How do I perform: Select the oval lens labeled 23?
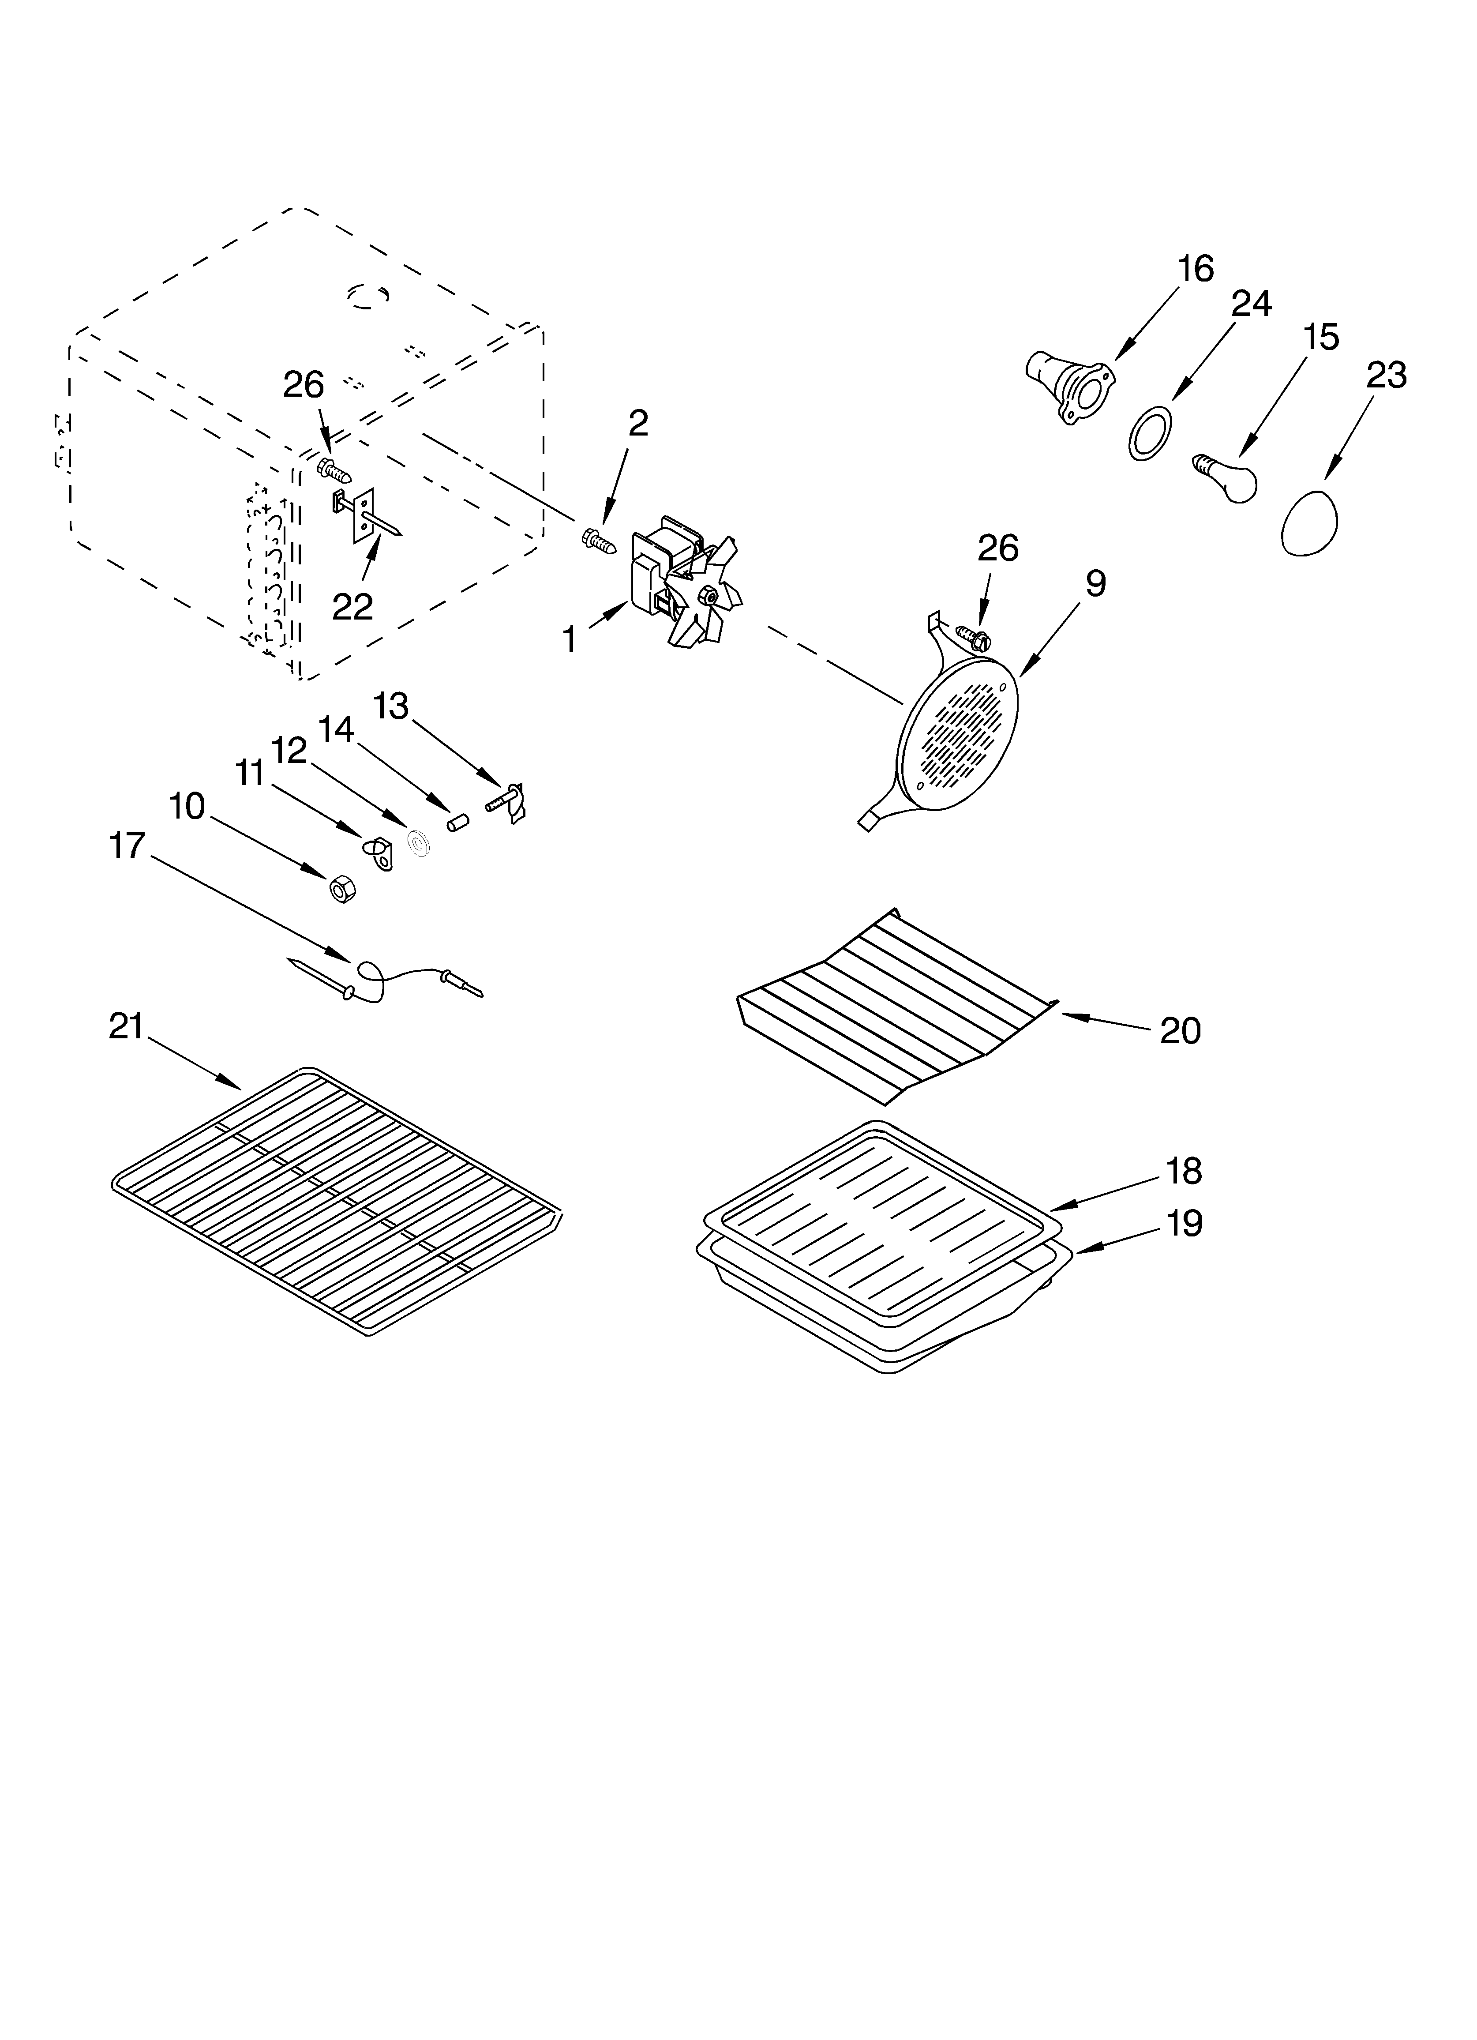coord(1309,522)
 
